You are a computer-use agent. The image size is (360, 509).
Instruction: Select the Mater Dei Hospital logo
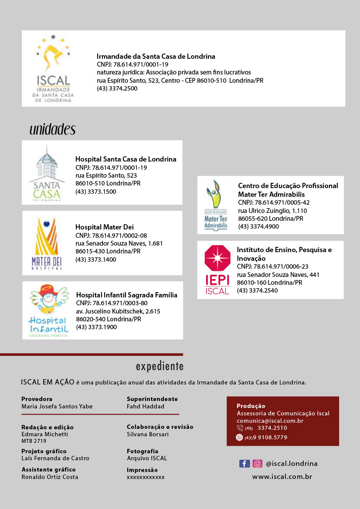[x=47, y=243]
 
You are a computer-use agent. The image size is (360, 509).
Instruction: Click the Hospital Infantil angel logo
[x=49, y=310]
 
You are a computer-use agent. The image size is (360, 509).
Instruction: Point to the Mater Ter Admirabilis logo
[x=216, y=205]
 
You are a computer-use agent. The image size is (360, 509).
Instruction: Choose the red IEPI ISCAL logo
[x=217, y=270]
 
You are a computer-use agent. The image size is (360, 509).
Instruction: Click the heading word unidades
[x=52, y=129]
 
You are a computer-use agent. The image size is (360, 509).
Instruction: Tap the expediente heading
[x=160, y=367]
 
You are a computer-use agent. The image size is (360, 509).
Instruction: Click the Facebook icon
[x=244, y=464]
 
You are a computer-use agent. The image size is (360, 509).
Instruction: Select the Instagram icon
[x=258, y=464]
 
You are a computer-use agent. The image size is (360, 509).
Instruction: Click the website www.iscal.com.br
[x=282, y=477]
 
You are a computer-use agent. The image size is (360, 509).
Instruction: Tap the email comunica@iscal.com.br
[x=270, y=421]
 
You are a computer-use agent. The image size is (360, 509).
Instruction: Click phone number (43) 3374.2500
[x=117, y=88]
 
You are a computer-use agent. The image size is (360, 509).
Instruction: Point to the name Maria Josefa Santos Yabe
[x=57, y=406]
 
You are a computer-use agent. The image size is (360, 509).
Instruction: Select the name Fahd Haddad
[x=146, y=406]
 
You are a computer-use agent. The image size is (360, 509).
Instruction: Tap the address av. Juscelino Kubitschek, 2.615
[x=118, y=311]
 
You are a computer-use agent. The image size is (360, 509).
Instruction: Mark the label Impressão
[x=142, y=470]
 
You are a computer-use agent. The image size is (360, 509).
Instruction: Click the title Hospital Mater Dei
[x=105, y=227]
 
